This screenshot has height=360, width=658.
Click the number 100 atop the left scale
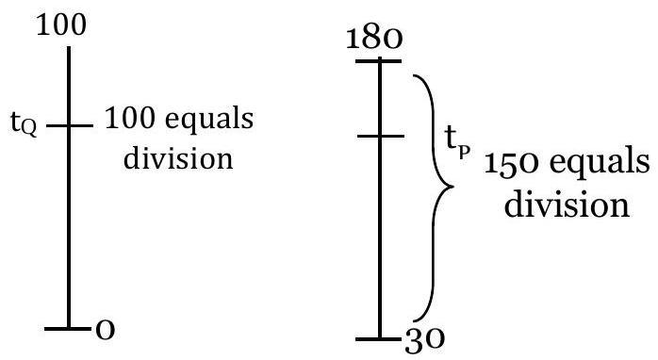point(61,25)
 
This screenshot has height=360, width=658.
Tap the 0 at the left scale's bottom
point(105,330)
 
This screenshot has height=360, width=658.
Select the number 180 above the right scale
point(374,39)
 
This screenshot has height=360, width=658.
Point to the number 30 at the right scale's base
point(424,339)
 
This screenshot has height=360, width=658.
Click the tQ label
point(24,123)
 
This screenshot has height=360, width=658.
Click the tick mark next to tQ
point(69,125)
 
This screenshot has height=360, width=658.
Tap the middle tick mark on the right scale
point(381,136)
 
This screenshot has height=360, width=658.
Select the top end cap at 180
point(379,61)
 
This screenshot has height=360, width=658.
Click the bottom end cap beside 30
point(376,338)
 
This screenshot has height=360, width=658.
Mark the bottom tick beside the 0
point(68,328)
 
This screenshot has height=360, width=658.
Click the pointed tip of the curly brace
point(453,187)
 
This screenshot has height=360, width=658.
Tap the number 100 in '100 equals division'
point(129,119)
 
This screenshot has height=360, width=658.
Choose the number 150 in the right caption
point(513,163)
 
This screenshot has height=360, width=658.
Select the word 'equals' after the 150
point(600,164)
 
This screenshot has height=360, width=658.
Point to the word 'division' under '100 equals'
point(178,158)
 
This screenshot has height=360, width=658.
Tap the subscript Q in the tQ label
point(28,129)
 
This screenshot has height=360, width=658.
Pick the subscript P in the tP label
point(463,153)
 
